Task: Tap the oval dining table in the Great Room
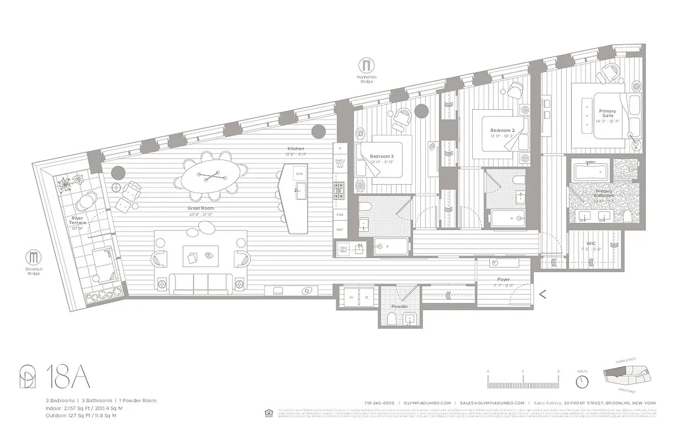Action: (x=210, y=176)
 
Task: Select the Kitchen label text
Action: (x=296, y=149)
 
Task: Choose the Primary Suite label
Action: (x=607, y=113)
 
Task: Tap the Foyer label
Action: (x=503, y=279)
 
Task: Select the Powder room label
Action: (x=399, y=306)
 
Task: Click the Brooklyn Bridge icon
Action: (x=34, y=257)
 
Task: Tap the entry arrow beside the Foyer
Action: (x=543, y=294)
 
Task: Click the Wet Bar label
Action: (x=344, y=249)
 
